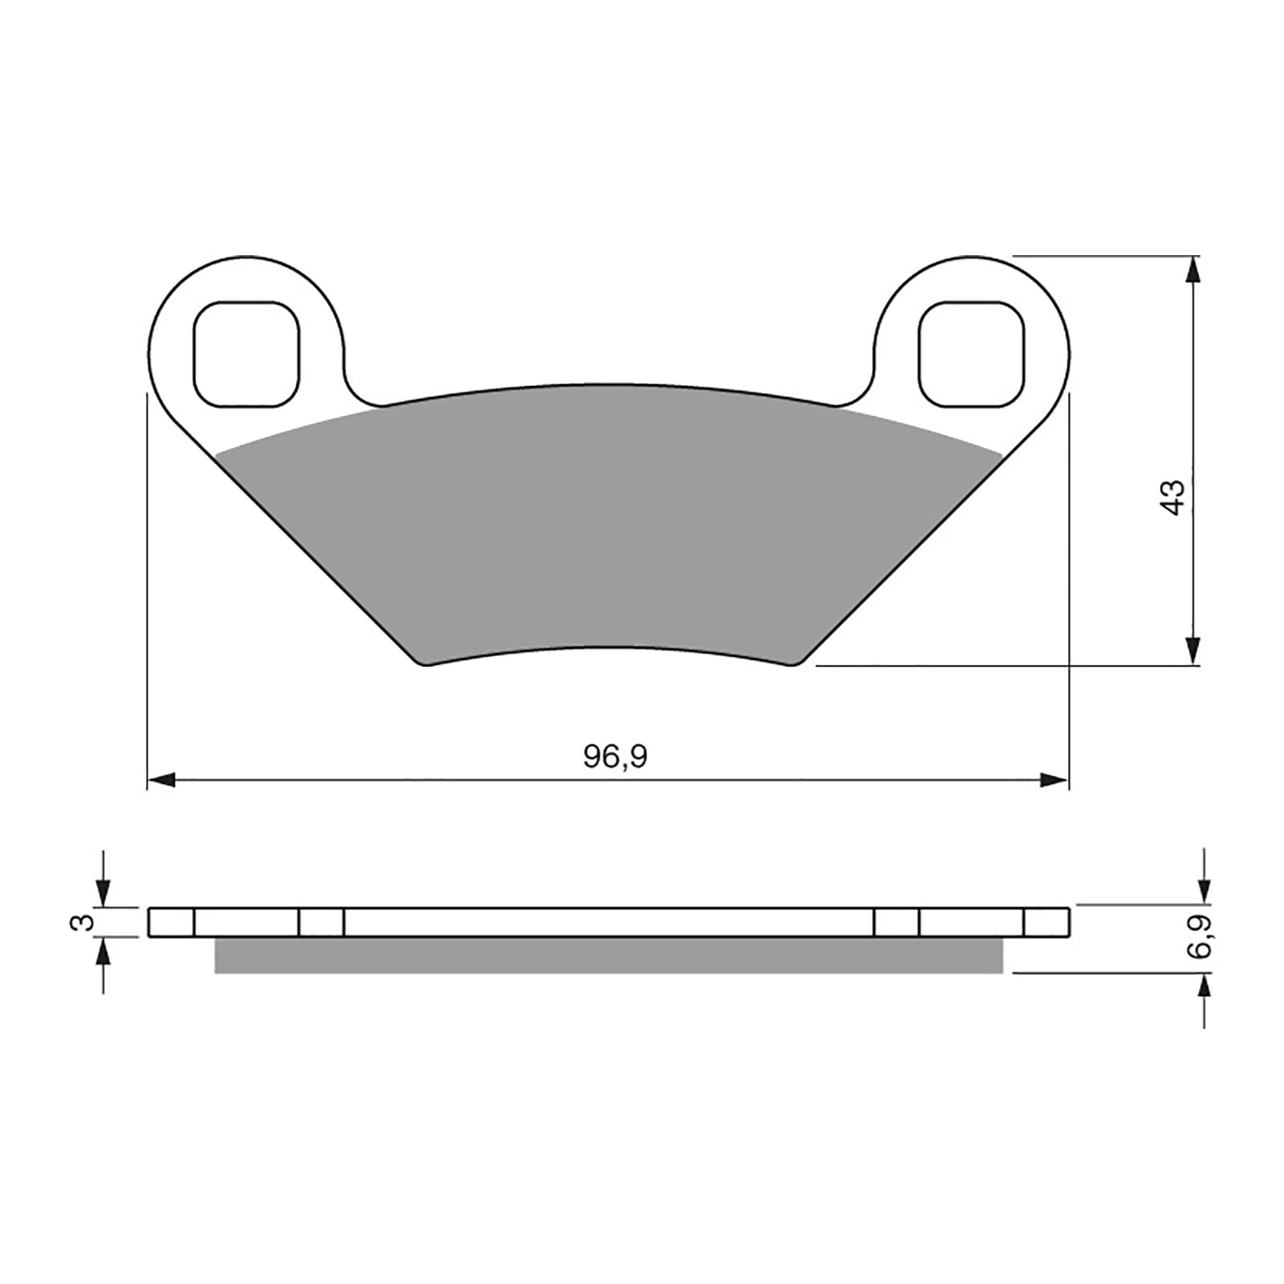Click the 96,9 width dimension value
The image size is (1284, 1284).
pyautogui.click(x=615, y=756)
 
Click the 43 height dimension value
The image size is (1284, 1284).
pyautogui.click(x=1173, y=498)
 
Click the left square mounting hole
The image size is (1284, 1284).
pyautogui.click(x=247, y=354)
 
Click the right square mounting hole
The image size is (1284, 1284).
pyautogui.click(x=973, y=354)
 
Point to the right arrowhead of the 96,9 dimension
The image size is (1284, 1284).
pyautogui.click(x=1054, y=780)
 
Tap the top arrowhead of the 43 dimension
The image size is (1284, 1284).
pyautogui.click(x=1193, y=270)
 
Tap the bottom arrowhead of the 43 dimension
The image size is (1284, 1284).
pyautogui.click(x=1193, y=650)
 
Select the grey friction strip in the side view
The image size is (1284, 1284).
pyautogui.click(x=610, y=956)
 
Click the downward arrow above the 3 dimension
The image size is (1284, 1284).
pyautogui.click(x=104, y=892)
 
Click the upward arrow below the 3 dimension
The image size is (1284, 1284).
pyautogui.click(x=104, y=953)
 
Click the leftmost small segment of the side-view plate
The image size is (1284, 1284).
pyautogui.click(x=172, y=922)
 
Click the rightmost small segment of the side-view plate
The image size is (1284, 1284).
pyautogui.click(x=1046, y=922)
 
